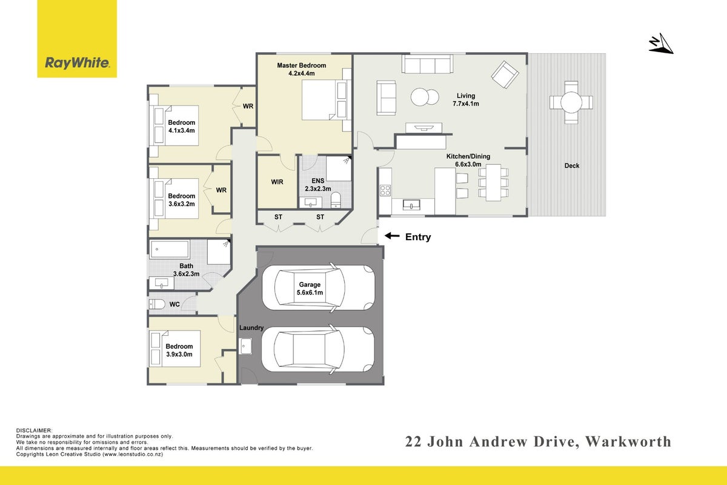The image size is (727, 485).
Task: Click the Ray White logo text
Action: tap(78, 62)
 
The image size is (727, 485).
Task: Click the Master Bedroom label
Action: tap(302, 65)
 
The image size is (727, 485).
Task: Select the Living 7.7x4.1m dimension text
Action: tap(466, 104)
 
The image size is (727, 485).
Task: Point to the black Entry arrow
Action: tap(392, 236)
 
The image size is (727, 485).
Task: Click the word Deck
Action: tap(571, 166)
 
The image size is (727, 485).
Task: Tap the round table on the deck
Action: tap(571, 102)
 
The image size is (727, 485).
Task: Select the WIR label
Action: tap(277, 182)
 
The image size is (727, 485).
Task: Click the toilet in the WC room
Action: tap(157, 304)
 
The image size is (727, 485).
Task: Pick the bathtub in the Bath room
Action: tap(170, 249)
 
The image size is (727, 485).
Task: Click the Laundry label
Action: tap(251, 328)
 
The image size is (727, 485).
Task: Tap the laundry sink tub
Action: tap(245, 346)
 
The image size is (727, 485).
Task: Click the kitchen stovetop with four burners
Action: tap(385, 190)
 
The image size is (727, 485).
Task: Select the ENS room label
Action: tap(317, 181)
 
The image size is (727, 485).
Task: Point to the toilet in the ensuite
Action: tap(336, 200)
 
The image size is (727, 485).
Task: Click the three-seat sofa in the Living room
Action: tap(428, 64)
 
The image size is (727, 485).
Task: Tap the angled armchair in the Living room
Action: tap(505, 75)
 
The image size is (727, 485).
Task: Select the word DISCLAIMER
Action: tap(34, 430)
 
